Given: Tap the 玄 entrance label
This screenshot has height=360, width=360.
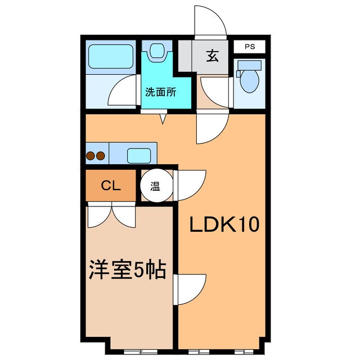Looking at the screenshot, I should [x=212, y=56].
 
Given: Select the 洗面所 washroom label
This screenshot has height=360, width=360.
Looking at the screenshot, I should [x=161, y=92].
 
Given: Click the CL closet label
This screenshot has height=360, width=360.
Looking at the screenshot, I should [x=111, y=186].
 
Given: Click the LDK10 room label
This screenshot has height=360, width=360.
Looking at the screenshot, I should [x=223, y=225].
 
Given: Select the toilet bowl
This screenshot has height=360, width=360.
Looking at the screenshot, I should [x=247, y=82].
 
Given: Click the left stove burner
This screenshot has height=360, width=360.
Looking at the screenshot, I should [x=91, y=156].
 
